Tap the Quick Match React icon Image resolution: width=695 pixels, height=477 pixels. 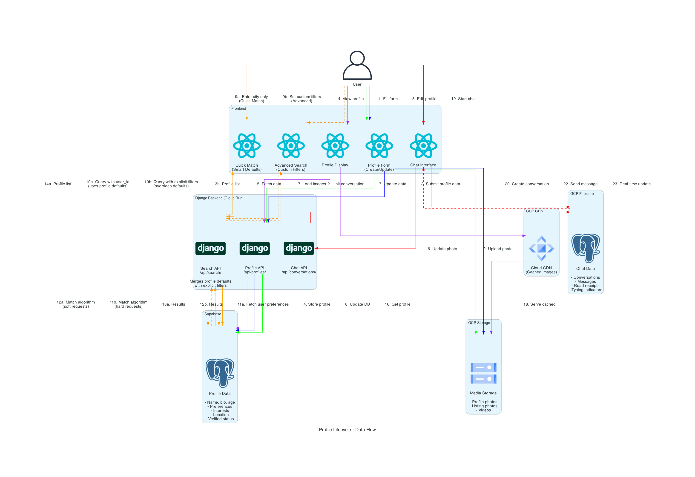pyautogui.click(x=247, y=146)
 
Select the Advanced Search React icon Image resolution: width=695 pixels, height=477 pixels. pyautogui.click(x=291, y=146)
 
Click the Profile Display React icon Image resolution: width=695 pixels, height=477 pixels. pyautogui.click(x=335, y=146)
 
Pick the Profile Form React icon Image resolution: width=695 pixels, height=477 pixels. pyautogui.click(x=379, y=146)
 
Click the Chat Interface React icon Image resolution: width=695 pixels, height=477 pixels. pyautogui.click(x=423, y=146)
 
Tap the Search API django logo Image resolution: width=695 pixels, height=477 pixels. pyautogui.click(x=210, y=248)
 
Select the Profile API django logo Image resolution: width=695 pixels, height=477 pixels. pyautogui.click(x=255, y=248)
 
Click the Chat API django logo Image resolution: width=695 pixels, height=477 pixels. pyautogui.click(x=299, y=248)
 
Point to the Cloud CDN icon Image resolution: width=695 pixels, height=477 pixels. pyautogui.click(x=541, y=248)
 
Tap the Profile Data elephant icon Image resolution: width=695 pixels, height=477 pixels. pyautogui.click(x=220, y=373)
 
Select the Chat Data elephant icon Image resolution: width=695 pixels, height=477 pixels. pyautogui.click(x=586, y=248)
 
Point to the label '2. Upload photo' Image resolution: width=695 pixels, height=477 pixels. pyautogui.click(x=498, y=249)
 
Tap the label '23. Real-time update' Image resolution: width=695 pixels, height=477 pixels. pyautogui.click(x=631, y=184)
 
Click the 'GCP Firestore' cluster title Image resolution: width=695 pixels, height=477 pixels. pyautogui.click(x=582, y=194)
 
